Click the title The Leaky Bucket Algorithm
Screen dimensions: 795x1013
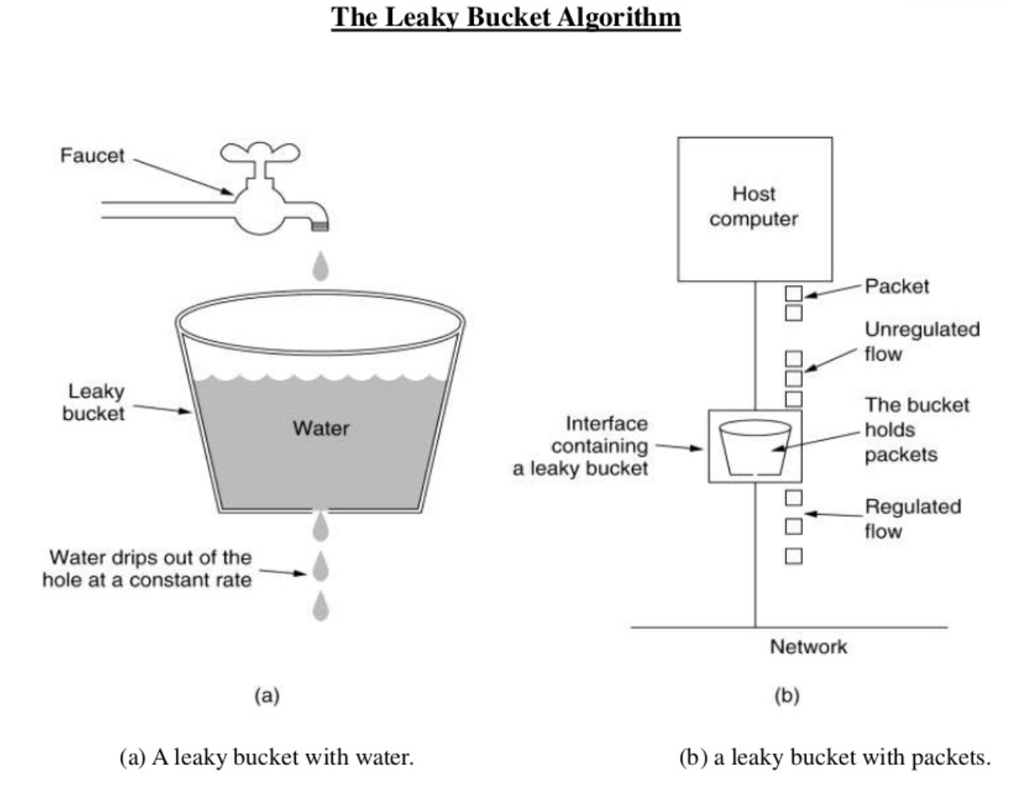point(506,17)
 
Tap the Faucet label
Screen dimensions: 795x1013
point(92,155)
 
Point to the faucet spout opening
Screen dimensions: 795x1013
point(319,225)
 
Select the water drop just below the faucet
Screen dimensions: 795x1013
point(320,266)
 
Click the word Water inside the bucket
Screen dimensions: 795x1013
point(320,428)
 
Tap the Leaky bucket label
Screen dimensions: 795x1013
point(93,402)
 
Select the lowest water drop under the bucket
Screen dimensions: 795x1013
point(320,607)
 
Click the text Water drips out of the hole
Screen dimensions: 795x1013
point(147,569)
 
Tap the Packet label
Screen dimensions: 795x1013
point(896,286)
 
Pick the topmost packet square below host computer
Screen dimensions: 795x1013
point(794,293)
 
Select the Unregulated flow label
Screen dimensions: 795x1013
point(921,341)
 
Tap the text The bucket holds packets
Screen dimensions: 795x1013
point(916,430)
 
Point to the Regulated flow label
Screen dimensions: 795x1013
point(912,519)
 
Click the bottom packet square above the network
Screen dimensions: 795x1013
point(794,556)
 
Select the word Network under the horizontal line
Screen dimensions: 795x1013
point(808,647)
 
